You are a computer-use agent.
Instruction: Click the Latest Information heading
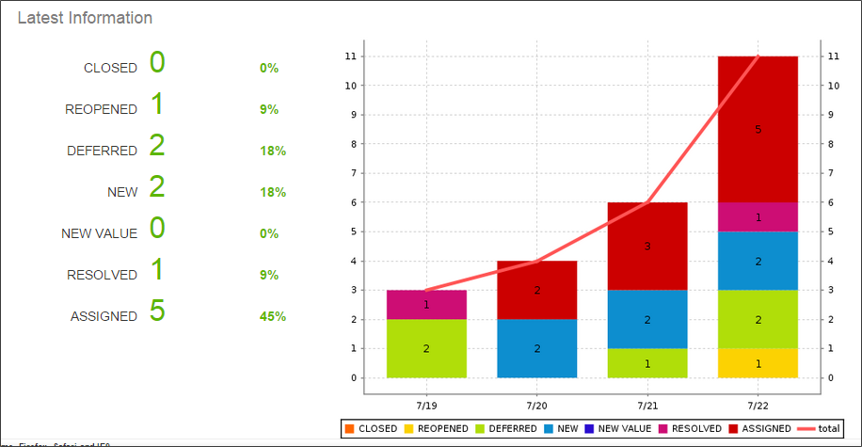85,18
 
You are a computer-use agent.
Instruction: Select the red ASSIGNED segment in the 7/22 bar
758,129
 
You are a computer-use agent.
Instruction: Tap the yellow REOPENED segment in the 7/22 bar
758,363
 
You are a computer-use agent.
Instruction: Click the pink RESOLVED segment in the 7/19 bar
426,304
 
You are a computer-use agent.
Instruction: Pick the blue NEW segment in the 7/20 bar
537,348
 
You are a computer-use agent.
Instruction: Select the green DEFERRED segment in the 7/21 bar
647,363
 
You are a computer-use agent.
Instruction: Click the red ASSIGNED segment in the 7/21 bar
647,246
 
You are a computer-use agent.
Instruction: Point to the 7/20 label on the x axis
537,405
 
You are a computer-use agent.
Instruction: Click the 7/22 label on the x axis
758,405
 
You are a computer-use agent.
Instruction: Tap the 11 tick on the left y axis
350,56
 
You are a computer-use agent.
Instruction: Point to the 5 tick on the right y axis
833,231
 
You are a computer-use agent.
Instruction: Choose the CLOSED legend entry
372,428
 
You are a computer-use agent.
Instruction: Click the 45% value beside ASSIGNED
273,316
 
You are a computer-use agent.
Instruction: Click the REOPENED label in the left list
101,109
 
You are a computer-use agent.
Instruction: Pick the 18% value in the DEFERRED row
273,151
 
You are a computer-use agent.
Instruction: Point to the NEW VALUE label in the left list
99,233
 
